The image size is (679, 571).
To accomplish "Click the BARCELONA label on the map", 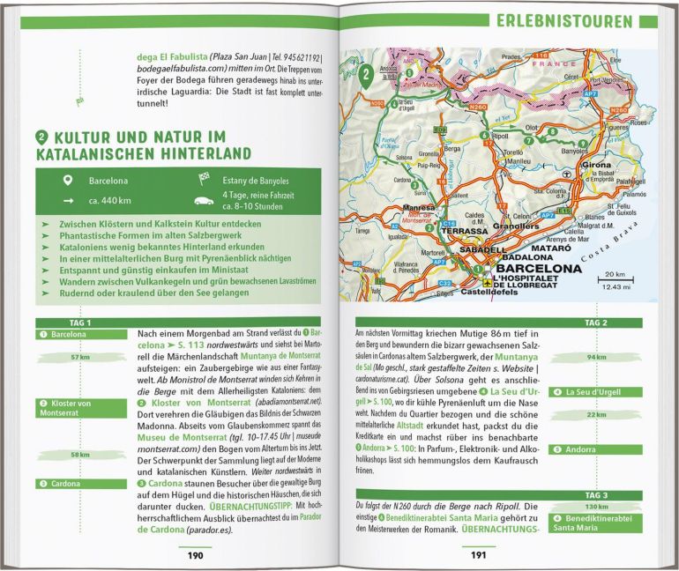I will (526, 268).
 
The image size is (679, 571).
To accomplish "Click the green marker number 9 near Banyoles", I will (582, 142).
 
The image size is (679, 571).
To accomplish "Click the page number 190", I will (195, 555).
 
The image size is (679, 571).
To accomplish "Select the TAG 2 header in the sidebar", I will (597, 323).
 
